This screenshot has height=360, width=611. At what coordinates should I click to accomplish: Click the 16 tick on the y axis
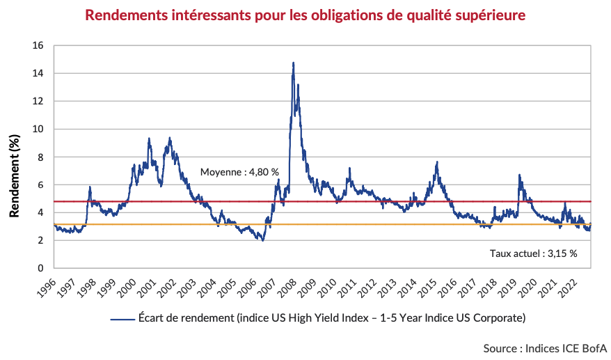(x=39, y=45)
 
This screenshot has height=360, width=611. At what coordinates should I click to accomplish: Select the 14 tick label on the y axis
(x=39, y=73)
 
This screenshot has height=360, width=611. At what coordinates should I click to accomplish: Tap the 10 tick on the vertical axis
(x=39, y=129)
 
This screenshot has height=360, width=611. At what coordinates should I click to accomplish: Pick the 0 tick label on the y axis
(x=42, y=268)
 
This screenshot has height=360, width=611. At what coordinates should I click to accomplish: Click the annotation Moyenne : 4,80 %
(x=239, y=172)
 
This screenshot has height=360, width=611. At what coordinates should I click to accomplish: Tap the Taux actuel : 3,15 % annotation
(x=534, y=253)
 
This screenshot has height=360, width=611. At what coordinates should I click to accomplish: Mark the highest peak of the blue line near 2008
(x=293, y=63)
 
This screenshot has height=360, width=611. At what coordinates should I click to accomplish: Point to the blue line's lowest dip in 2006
(x=262, y=240)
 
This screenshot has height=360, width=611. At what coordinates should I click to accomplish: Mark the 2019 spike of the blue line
(x=519, y=175)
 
